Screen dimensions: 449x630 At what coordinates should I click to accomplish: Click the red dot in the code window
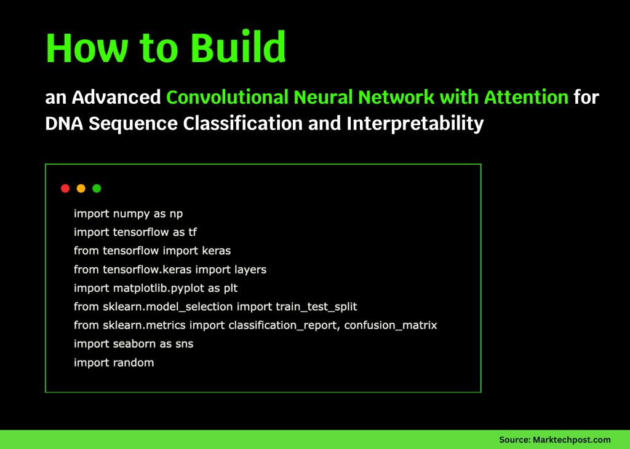(65, 189)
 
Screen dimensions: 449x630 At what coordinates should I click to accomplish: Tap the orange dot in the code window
(81, 189)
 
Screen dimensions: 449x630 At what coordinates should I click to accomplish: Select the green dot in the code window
(97, 189)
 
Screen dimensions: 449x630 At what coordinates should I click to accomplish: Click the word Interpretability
(415, 123)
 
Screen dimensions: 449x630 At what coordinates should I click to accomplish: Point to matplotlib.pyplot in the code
(153, 288)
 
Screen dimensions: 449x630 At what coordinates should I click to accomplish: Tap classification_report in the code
(283, 325)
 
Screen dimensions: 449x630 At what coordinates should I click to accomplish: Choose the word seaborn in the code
(135, 344)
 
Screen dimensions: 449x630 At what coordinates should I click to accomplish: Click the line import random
(114, 362)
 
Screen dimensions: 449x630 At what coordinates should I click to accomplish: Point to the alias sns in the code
(183, 344)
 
